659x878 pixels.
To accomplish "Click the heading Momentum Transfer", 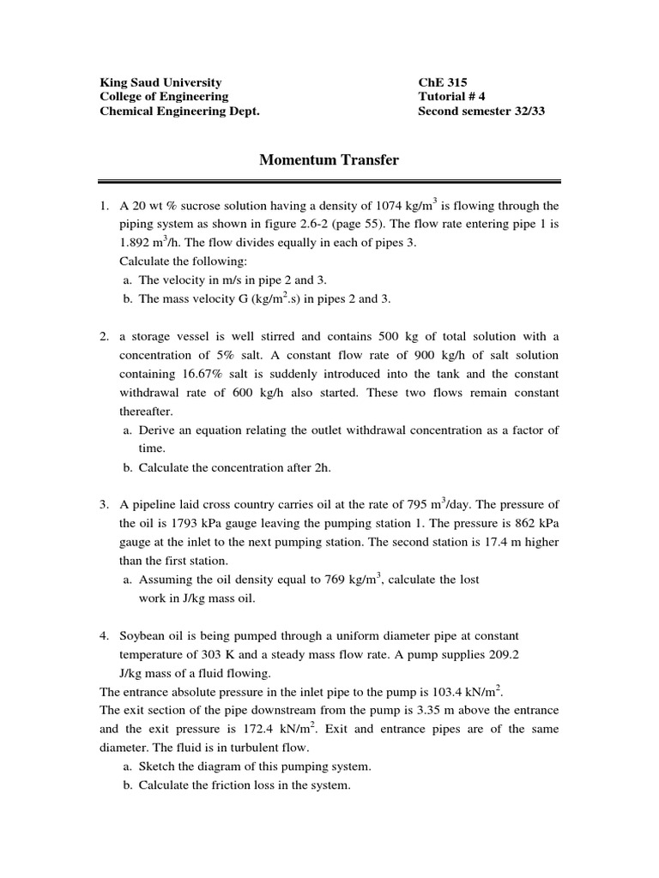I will click(329, 159).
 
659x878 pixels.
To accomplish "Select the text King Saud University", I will click(160, 82).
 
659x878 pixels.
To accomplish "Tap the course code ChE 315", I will click(443, 82).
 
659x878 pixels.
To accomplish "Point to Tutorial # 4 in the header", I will click(451, 97).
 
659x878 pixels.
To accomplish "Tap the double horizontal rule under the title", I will click(329, 182).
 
